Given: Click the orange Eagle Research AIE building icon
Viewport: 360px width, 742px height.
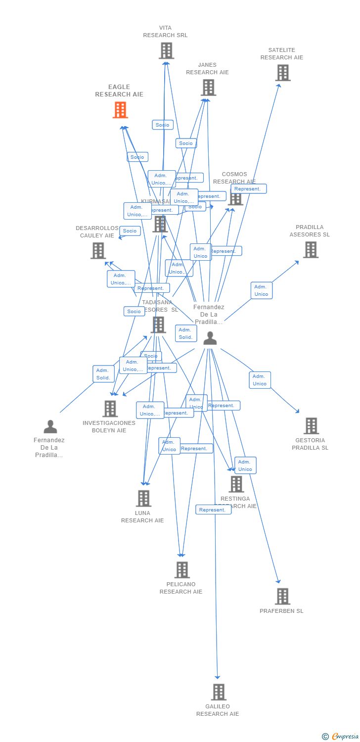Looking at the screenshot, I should coord(120,110).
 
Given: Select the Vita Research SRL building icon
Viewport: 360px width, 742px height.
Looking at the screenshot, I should coord(166,50).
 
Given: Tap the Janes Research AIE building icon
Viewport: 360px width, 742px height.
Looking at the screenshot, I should coord(208,88).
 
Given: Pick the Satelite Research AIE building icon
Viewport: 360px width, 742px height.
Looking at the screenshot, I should coord(282,73).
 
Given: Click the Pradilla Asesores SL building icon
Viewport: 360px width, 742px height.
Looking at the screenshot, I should coord(311,250).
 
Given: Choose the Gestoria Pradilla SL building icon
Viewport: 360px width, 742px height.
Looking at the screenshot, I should coord(311,425).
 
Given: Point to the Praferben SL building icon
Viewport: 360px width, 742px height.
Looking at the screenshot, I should coord(282,596).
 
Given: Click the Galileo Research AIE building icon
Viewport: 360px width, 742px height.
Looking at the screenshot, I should coord(218,692).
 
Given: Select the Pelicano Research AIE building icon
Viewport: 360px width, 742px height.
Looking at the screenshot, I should coord(182,570).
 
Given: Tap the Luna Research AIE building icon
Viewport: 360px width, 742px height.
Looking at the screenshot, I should coord(143,498).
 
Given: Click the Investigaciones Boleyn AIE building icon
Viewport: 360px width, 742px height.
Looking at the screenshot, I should coord(110,409).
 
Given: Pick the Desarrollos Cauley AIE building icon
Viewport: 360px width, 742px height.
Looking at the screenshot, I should coord(98,251).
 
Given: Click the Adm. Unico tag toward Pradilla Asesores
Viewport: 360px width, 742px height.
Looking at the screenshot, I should coord(261,290).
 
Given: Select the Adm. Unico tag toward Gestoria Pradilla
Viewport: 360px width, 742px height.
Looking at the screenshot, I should coord(260,380).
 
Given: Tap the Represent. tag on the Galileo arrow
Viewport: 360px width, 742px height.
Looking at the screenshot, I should coord(213,510).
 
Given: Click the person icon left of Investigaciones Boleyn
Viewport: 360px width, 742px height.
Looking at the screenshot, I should coord(50,426).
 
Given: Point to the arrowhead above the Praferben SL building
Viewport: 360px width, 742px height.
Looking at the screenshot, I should coord(278,581).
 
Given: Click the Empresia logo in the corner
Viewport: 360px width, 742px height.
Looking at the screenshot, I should coord(341,737).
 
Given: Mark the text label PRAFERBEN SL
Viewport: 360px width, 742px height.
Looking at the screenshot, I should coord(281,611).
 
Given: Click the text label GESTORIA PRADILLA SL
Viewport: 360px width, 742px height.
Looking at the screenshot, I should coord(310,444).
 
